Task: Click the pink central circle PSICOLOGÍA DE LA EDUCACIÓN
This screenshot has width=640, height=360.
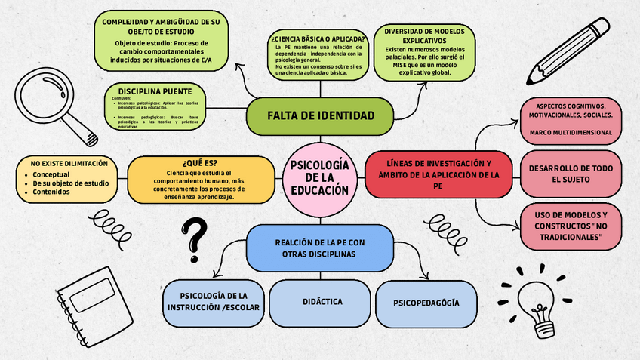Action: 319,178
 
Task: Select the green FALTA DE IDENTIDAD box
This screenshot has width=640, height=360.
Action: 320,115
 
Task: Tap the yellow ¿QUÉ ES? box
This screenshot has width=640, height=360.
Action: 200,180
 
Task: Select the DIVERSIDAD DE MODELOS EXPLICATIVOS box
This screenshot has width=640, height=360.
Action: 429,52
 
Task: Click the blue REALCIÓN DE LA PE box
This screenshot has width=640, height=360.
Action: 320,248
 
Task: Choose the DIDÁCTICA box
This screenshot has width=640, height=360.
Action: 322,302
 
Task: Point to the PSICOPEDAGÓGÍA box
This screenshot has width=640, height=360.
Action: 426,303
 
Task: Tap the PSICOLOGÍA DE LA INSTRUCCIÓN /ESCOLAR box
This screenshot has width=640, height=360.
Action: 213,302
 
